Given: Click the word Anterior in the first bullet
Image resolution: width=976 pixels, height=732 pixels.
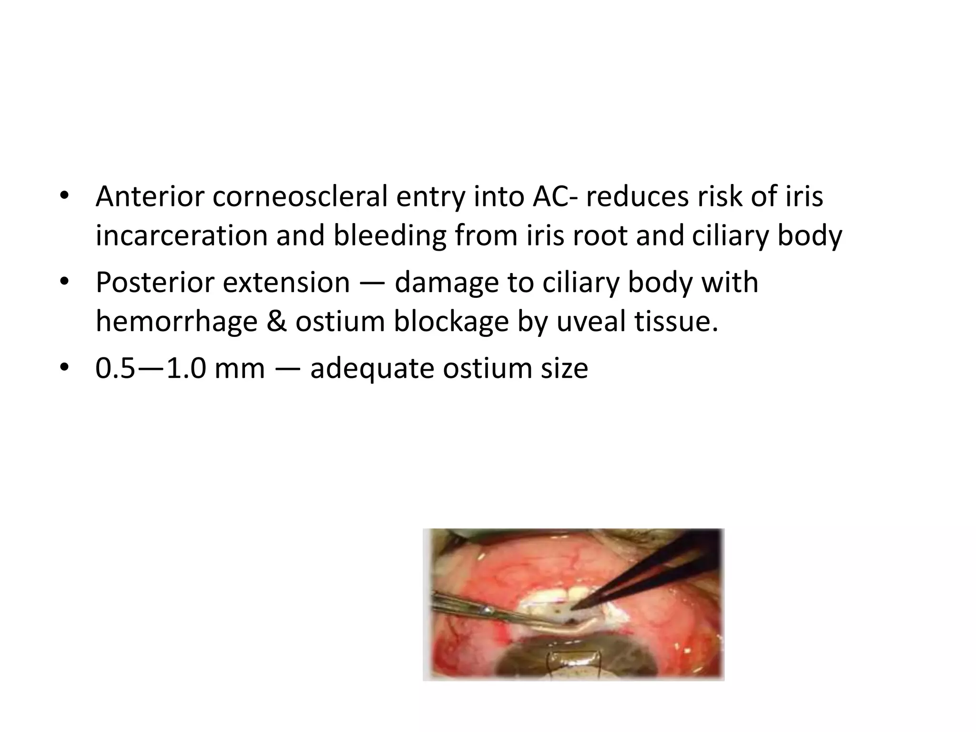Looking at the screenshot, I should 149,197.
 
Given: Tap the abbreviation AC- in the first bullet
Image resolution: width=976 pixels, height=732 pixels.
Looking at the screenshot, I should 553,197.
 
